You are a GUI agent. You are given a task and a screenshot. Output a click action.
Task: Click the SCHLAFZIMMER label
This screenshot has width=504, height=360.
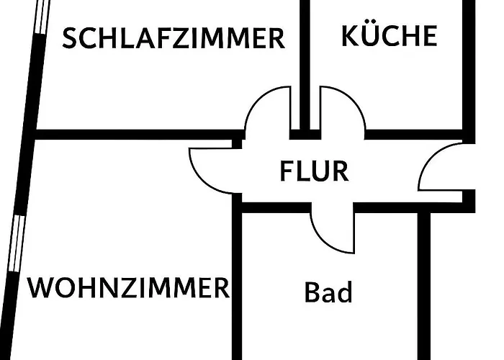tap(173, 37)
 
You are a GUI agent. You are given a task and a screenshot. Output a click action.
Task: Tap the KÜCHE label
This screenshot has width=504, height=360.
tap(389, 35)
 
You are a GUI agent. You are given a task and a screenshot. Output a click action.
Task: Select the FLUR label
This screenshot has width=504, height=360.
tap(314, 171)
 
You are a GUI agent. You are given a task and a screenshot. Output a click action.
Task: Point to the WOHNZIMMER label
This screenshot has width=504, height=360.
tap(128, 288)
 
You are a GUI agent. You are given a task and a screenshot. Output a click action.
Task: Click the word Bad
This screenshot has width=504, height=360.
tap(328, 293)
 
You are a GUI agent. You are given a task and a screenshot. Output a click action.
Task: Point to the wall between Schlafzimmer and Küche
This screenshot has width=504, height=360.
tap(305, 58)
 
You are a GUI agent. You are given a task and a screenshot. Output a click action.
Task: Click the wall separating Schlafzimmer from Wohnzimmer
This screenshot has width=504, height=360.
tap(137, 134)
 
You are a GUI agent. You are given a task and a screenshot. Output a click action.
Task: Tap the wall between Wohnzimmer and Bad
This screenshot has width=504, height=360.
tap(236, 288)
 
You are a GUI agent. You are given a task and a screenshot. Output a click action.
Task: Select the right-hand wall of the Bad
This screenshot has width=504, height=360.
tap(424, 288)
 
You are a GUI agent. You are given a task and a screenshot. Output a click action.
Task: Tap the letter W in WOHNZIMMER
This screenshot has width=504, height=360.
tap(41, 288)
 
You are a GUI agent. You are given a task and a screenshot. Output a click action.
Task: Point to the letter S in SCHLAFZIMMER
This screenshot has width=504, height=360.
tap(70, 38)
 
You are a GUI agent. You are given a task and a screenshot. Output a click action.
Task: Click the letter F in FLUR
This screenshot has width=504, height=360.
tap(286, 172)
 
